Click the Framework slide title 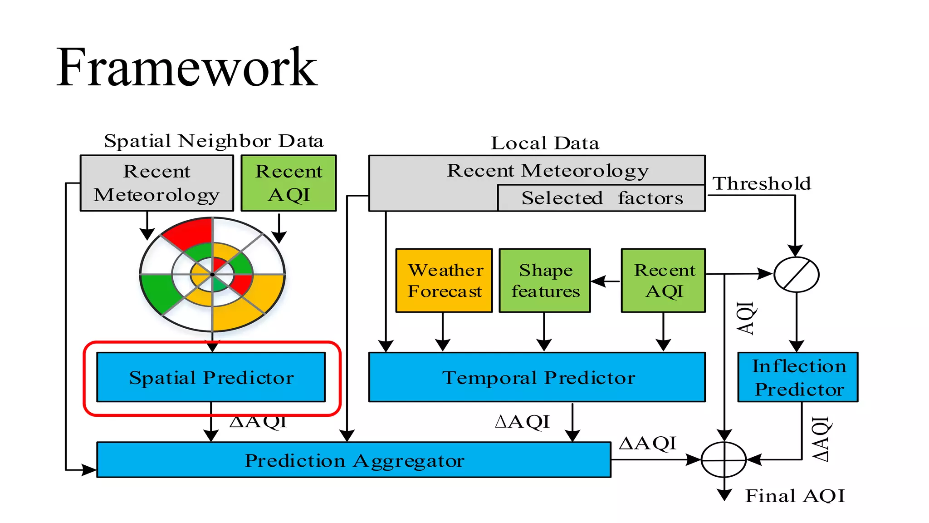(186, 68)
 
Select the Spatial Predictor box (211, 377)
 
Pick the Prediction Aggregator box (354, 460)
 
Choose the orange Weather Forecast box (444, 281)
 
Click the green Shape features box (545, 281)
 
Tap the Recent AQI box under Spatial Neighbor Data (288, 183)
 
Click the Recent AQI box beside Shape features (663, 281)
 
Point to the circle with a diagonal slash (796, 275)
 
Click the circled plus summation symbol (724, 460)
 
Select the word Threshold (762, 184)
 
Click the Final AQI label (795, 496)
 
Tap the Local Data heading (545, 143)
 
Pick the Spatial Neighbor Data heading (214, 141)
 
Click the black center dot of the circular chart (212, 275)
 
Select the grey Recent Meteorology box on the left (156, 183)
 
